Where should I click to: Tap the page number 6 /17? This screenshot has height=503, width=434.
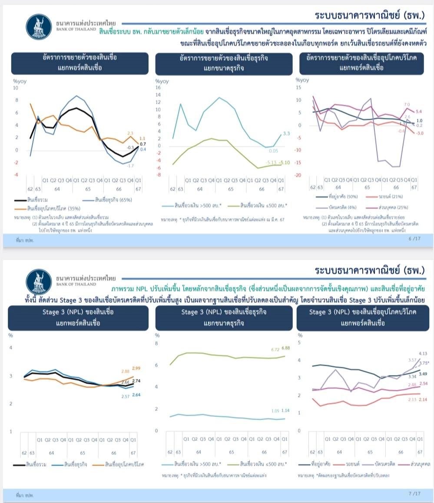coord(415,238)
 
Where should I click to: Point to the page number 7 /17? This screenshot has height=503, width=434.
coord(415,493)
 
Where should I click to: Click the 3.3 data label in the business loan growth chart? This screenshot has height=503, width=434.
coord(287,134)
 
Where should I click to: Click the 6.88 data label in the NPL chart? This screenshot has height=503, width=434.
coord(286,348)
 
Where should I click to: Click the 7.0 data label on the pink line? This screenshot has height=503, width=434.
coord(407,105)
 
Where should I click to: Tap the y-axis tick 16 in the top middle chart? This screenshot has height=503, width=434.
coord(158,87)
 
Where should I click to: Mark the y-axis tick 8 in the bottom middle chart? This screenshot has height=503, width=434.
coord(157,344)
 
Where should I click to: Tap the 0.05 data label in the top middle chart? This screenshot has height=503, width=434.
coord(274,151)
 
